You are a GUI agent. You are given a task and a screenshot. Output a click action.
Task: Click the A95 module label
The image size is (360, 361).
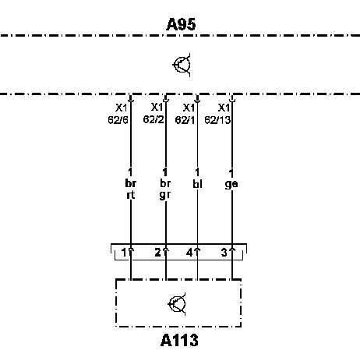(181, 24)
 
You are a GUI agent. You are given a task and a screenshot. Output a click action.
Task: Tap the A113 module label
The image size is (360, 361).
(179, 340)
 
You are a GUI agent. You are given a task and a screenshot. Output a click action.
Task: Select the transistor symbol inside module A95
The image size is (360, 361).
(182, 65)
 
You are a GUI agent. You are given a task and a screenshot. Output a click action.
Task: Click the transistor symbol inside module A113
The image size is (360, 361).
(177, 304)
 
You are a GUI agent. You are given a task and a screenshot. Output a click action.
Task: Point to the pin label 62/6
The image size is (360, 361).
(118, 120)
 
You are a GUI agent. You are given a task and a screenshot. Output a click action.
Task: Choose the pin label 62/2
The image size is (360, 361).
(154, 119)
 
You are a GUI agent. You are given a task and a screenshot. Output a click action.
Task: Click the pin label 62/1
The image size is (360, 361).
(185, 120)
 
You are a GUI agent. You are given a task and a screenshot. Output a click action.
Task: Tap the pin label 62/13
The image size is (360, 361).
(217, 120)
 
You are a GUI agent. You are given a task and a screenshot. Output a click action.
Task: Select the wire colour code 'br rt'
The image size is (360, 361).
(131, 189)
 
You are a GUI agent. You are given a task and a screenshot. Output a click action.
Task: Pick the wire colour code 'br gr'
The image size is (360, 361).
(165, 189)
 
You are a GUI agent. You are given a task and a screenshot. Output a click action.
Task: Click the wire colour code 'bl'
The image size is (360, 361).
(197, 184)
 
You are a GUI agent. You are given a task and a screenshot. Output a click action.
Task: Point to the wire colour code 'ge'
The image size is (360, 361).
(231, 184)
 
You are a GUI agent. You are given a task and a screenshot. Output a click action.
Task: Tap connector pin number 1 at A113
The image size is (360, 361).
(124, 253)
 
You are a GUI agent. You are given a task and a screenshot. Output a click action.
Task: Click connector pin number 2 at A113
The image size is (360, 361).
(157, 253)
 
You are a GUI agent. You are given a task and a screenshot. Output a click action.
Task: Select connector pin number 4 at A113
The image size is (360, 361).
(189, 253)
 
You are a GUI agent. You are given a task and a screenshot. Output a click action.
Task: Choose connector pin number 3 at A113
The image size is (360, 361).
(224, 253)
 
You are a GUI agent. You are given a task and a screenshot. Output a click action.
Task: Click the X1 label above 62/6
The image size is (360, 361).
(121, 108)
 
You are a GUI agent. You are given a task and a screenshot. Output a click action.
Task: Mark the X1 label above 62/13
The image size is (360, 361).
(224, 108)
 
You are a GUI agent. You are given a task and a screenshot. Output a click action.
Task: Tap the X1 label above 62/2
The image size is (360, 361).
(157, 107)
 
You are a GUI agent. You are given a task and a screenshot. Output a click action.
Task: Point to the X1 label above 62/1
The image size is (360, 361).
(189, 108)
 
